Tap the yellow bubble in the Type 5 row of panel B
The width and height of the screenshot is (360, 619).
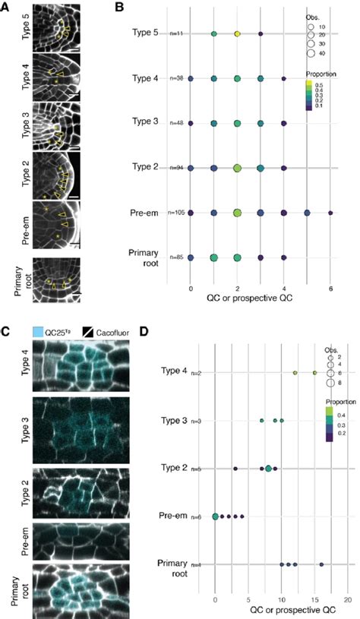coord(237,34)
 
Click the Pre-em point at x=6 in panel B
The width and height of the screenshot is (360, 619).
coord(330,213)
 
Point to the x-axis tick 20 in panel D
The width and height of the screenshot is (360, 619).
coord(348,598)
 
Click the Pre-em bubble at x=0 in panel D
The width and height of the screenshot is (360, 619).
coord(215,516)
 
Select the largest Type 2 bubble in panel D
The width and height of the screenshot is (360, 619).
coord(268,469)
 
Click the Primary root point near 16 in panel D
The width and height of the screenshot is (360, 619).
coord(321,564)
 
